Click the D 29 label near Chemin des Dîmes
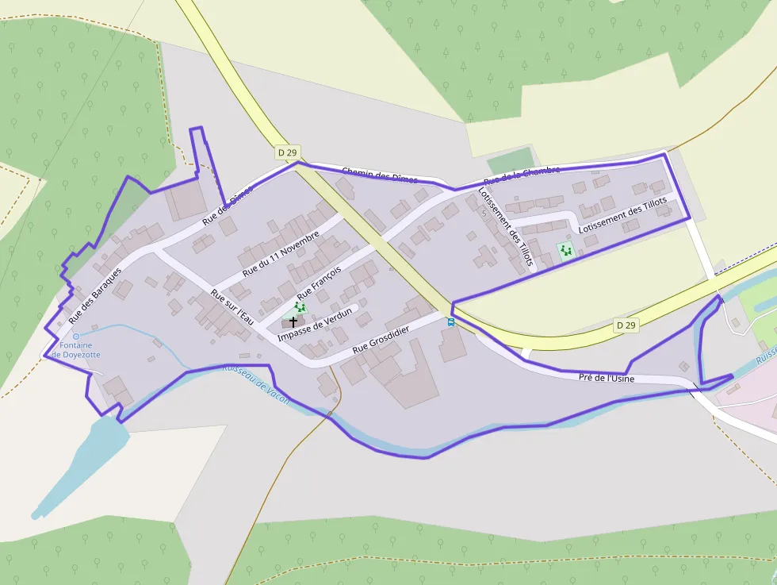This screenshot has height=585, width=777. pyautogui.click(x=287, y=152)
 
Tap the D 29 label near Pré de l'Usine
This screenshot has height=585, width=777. pyautogui.click(x=626, y=325)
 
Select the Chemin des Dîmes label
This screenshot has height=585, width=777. pyautogui.click(x=380, y=175)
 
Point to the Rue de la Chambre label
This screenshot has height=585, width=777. pyautogui.click(x=522, y=175)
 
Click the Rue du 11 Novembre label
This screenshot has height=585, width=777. pyautogui.click(x=281, y=254)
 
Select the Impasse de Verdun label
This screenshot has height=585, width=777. pyautogui.click(x=313, y=326)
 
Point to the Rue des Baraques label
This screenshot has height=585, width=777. pyautogui.click(x=95, y=295)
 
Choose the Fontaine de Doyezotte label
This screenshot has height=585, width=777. pyautogui.click(x=75, y=350)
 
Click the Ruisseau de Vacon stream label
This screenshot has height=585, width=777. pyautogui.click(x=255, y=385)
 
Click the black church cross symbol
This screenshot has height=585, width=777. pyautogui.click(x=293, y=321)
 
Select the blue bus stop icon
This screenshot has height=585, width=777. pyautogui.click(x=451, y=322)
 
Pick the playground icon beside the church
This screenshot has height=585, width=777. pyautogui.click(x=300, y=306)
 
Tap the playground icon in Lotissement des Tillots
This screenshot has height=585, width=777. pyautogui.click(x=565, y=251)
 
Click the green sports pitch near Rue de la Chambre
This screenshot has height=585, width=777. pyautogui.click(x=508, y=162)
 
